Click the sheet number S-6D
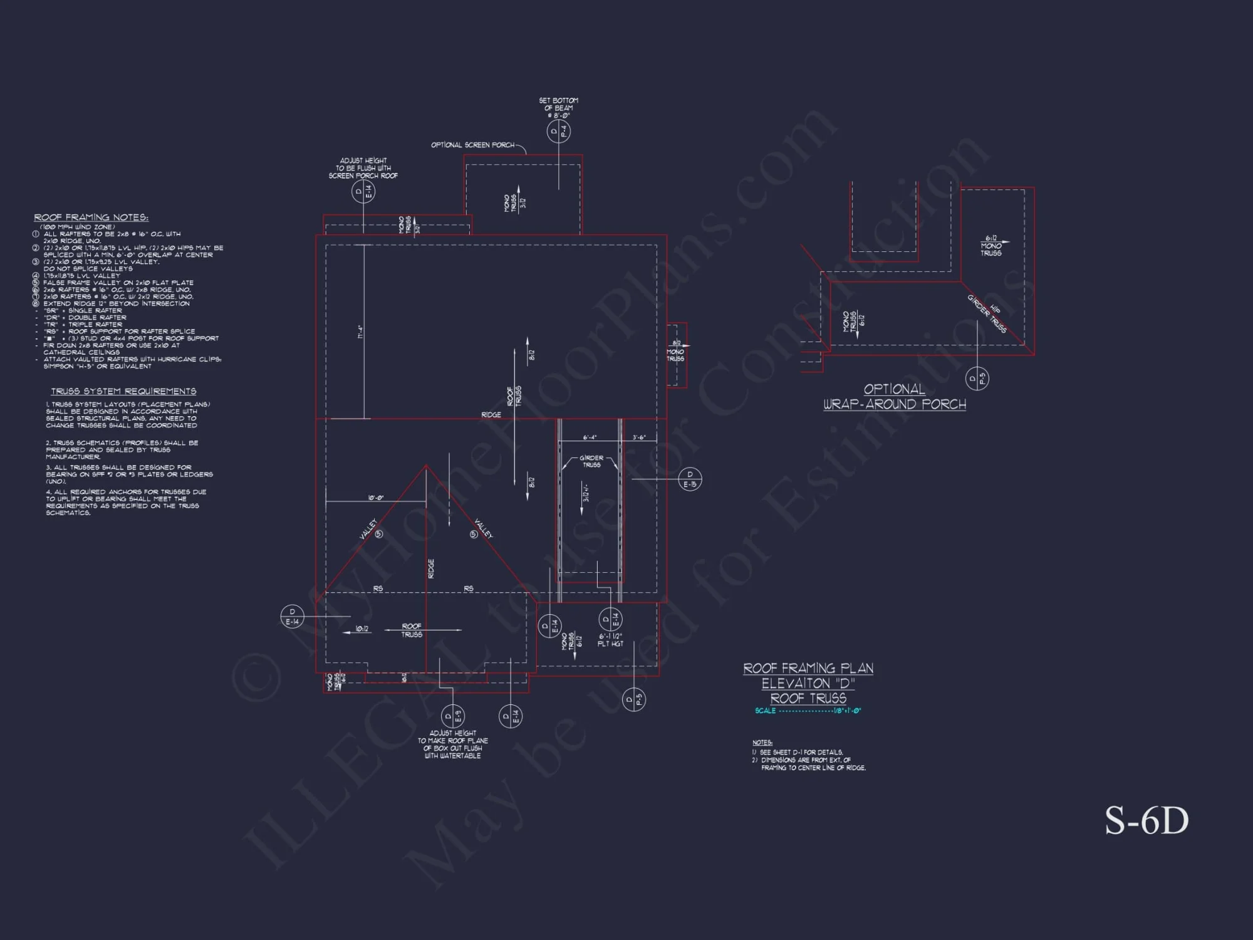click(1146, 821)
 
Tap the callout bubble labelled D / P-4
click(558, 132)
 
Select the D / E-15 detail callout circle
click(690, 479)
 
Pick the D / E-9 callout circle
click(453, 716)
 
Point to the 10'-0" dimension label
click(376, 498)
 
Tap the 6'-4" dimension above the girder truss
click(590, 437)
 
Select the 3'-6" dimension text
click(639, 437)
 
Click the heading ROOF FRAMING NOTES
click(91, 217)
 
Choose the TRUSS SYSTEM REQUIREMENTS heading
click(123, 391)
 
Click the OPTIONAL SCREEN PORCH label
click(472, 145)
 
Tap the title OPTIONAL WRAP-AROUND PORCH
click(895, 397)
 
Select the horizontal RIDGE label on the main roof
click(491, 415)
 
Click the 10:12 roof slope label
click(362, 629)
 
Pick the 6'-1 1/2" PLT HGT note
click(610, 640)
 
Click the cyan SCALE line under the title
click(808, 711)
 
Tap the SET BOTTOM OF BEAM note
click(558, 108)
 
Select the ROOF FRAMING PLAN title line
click(808, 669)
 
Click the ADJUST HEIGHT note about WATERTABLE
click(453, 744)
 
